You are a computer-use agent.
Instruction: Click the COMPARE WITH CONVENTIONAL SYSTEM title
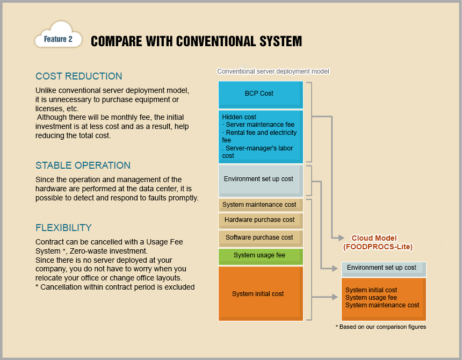(196, 41)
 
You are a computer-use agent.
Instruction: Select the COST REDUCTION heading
(79, 76)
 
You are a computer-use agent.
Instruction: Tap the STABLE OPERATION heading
(83, 165)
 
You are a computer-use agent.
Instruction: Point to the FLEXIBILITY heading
(63, 227)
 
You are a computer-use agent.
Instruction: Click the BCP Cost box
(261, 94)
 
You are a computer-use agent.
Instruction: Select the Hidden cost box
(261, 136)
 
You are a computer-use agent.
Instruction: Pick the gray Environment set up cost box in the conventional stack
(261, 179)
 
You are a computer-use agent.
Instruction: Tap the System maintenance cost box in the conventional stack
(261, 205)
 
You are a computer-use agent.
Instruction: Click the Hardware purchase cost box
(261, 220)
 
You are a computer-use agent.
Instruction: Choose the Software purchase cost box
(261, 237)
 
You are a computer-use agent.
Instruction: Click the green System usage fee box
(261, 256)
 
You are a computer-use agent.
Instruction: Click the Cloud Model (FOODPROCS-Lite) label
(378, 242)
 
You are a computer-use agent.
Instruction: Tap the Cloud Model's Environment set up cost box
(383, 268)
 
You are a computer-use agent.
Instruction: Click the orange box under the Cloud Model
(383, 298)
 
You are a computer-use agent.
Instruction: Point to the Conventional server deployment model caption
(273, 71)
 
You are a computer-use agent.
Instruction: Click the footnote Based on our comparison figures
(380, 327)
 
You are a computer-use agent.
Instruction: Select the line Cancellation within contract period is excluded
(115, 287)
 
